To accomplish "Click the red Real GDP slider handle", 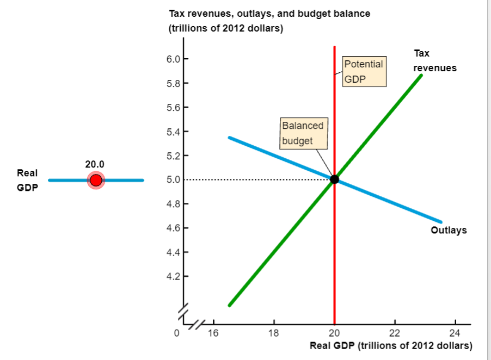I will point(96,180).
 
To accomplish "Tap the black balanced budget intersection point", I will point(334,179).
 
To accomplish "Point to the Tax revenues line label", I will point(434,61).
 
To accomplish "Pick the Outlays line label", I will point(449,231).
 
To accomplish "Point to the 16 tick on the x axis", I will point(213,333).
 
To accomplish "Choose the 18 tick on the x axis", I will point(274,333).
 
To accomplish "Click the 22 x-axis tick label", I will point(395,333).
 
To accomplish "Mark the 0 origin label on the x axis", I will point(176,333).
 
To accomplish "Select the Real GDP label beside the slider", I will point(27,180).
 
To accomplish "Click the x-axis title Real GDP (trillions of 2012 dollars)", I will point(390,346).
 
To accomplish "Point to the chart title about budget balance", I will point(269,21).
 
